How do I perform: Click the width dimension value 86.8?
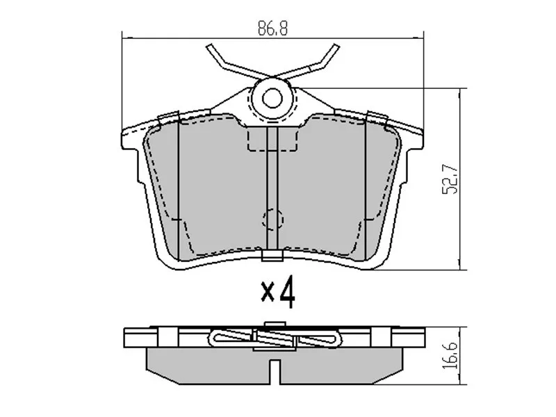pos(272,30)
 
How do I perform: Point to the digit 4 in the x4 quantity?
pos(286,293)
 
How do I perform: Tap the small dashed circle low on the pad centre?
pos(272,220)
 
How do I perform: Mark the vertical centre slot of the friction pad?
pos(272,188)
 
